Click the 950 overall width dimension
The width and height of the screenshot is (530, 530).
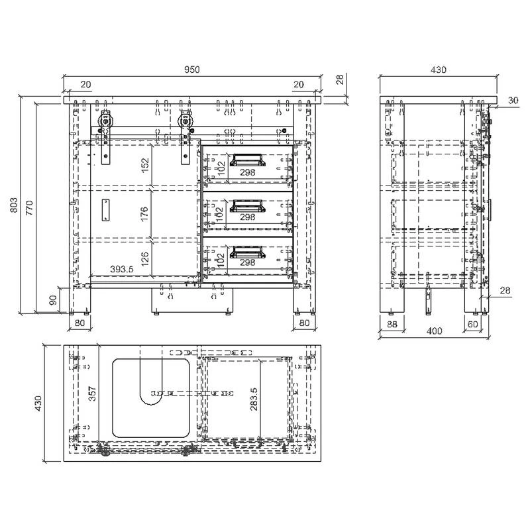191,70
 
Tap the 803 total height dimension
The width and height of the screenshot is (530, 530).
14,205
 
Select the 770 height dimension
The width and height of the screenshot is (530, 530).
29,207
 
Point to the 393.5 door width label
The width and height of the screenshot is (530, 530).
122,270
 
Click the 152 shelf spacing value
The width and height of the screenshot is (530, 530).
145,165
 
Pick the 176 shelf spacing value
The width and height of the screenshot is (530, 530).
144,214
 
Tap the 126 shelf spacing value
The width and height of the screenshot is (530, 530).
145,259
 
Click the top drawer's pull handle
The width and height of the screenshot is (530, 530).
247,160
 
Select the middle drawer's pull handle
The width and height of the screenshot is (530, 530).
247,206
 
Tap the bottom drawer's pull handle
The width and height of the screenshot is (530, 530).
247,252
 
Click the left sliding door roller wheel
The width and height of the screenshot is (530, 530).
106,121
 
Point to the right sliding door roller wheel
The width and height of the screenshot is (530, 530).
185,121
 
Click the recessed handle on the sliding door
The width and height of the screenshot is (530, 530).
105,210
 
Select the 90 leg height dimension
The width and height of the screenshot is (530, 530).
53,300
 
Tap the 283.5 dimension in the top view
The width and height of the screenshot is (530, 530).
254,399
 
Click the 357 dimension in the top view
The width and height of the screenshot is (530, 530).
92,394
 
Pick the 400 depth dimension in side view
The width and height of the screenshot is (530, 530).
435,331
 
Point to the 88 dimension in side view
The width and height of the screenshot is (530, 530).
392,324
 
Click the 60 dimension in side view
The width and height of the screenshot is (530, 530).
472,324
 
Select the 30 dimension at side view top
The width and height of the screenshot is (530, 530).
513,101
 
